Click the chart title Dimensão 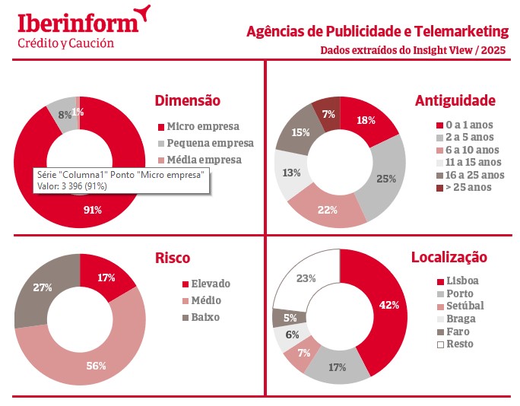coord(187,100)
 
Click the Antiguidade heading coord(455,100)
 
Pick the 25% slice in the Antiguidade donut coord(385,178)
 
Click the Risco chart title coord(172,258)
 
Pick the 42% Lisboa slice coord(388,306)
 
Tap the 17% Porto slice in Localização coord(338,366)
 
